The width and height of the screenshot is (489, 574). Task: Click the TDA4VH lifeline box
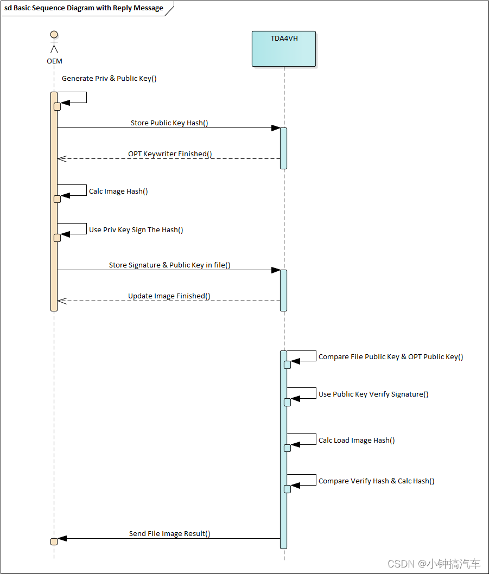(x=283, y=49)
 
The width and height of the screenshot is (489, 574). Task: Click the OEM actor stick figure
(x=54, y=43)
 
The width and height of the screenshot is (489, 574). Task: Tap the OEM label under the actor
(x=54, y=61)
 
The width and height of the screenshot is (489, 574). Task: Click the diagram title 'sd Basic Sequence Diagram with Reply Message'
(x=84, y=8)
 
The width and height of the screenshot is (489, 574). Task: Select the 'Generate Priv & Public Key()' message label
(x=109, y=78)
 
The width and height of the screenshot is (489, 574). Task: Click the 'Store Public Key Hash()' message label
(x=169, y=123)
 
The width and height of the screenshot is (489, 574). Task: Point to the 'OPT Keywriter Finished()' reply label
(x=170, y=154)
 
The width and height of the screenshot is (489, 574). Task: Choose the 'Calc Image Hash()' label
(x=118, y=191)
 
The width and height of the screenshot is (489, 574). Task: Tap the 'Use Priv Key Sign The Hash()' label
(x=136, y=229)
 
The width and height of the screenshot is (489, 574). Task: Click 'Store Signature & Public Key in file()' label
(x=169, y=265)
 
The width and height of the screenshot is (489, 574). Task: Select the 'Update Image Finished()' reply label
(x=169, y=296)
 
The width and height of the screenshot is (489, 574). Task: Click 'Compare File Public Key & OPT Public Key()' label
(x=391, y=356)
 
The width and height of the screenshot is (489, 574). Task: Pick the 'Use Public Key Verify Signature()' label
(x=373, y=394)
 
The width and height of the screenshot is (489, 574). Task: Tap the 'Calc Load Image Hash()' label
(x=357, y=440)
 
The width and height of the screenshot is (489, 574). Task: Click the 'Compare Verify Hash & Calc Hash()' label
(x=376, y=481)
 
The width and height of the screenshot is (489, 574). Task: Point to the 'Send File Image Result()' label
(x=169, y=533)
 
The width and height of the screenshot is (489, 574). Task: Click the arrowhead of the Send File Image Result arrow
(x=61, y=538)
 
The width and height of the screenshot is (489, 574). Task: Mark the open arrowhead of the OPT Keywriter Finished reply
(x=61, y=158)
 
